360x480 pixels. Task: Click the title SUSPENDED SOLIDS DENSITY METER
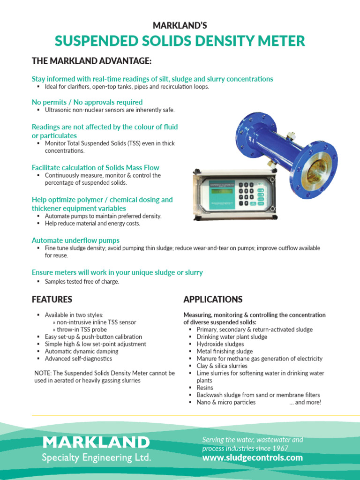coord(180,41)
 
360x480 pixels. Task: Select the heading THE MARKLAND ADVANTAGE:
coord(91,61)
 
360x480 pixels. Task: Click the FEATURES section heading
coord(52,299)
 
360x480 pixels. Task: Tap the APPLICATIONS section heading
coord(213,299)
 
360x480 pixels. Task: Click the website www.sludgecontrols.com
coord(252,457)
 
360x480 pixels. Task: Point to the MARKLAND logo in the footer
coord(96,442)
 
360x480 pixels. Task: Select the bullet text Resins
coord(205,388)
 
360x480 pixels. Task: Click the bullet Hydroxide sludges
coord(220,344)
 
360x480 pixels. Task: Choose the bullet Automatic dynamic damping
coord(82,351)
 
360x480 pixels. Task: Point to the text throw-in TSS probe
coord(82,330)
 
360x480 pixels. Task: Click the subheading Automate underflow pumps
coord(75,240)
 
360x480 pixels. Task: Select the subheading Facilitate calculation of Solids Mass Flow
coord(95,167)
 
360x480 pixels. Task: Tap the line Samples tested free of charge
coord(82,282)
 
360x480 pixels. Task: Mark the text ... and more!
coord(305,402)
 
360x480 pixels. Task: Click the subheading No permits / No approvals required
coord(87,102)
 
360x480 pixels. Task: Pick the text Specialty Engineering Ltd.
coord(97,457)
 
